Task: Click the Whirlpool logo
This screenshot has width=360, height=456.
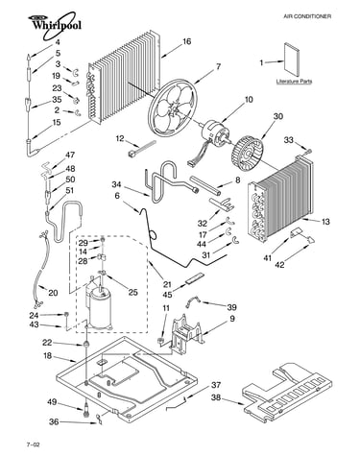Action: pyautogui.click(x=55, y=25)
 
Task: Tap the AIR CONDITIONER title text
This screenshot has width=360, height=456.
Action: pyautogui.click(x=307, y=16)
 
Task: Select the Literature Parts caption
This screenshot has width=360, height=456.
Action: pyautogui.click(x=294, y=82)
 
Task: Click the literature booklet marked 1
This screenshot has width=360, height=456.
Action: pyautogui.click(x=292, y=60)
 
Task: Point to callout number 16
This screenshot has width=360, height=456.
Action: pyautogui.click(x=187, y=41)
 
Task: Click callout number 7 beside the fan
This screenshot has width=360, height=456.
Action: pyautogui.click(x=218, y=67)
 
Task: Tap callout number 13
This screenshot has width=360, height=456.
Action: pyautogui.click(x=325, y=222)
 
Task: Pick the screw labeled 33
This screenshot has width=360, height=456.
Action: pyautogui.click(x=308, y=151)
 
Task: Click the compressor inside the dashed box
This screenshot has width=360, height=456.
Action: pyautogui.click(x=100, y=308)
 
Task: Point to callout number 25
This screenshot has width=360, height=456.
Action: pyautogui.click(x=132, y=292)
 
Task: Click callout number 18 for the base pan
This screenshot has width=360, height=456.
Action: pyautogui.click(x=47, y=356)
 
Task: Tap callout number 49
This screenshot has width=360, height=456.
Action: pyautogui.click(x=52, y=402)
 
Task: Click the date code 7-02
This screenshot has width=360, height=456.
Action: pyautogui.click(x=34, y=444)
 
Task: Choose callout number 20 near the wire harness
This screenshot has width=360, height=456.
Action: pyautogui.click(x=53, y=293)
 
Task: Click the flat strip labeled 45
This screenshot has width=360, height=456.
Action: pyautogui.click(x=194, y=277)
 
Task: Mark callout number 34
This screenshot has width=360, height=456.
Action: pyautogui.click(x=117, y=184)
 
